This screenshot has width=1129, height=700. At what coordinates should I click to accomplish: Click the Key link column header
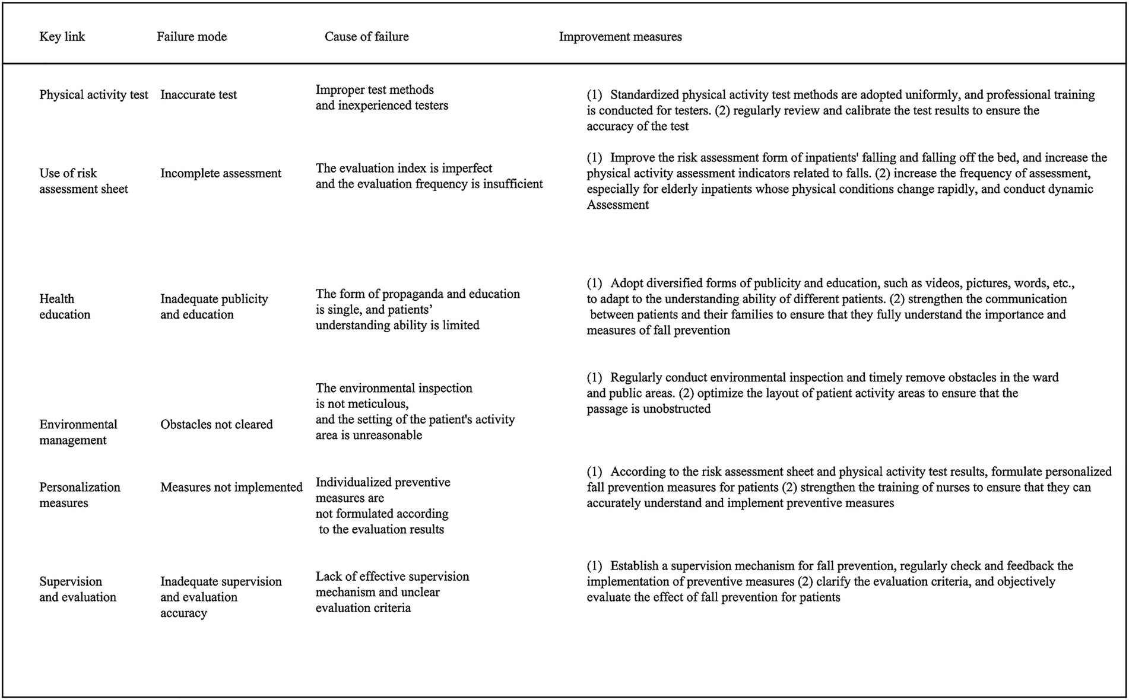(62, 37)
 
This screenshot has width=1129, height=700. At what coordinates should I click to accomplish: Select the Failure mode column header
(191, 37)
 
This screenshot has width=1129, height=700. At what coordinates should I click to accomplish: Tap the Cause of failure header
(366, 37)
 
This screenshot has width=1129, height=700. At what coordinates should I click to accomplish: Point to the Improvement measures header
(620, 37)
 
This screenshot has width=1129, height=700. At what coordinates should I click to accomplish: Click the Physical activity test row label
(93, 95)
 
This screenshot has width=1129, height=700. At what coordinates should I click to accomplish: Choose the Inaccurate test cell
(198, 95)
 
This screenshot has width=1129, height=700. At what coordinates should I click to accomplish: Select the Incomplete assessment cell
(220, 173)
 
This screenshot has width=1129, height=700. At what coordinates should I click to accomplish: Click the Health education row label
(64, 307)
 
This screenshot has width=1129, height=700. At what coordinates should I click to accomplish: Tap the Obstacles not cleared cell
(216, 425)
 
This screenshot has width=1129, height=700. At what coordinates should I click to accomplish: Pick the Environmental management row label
(78, 432)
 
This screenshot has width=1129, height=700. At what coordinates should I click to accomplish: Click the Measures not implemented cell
(231, 488)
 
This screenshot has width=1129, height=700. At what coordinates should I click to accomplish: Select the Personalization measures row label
(80, 495)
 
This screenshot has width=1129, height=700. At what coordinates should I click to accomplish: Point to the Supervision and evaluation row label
(77, 589)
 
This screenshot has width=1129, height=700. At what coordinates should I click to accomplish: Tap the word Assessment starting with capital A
(617, 205)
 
